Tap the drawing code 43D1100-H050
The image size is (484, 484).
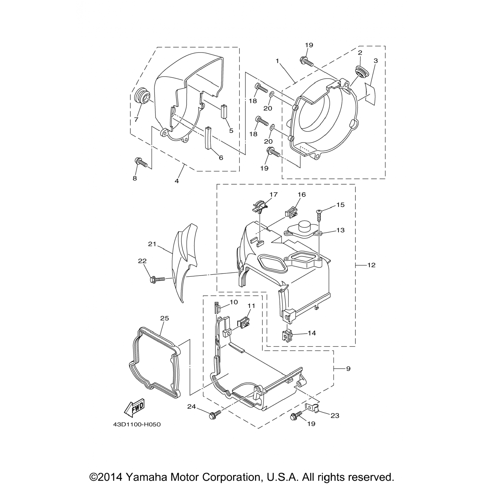[137, 425]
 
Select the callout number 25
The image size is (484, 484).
[165, 318]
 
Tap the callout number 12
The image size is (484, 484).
[371, 265]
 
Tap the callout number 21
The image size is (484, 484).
[152, 244]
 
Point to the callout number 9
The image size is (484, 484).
[348, 368]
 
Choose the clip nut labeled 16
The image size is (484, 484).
[291, 212]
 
